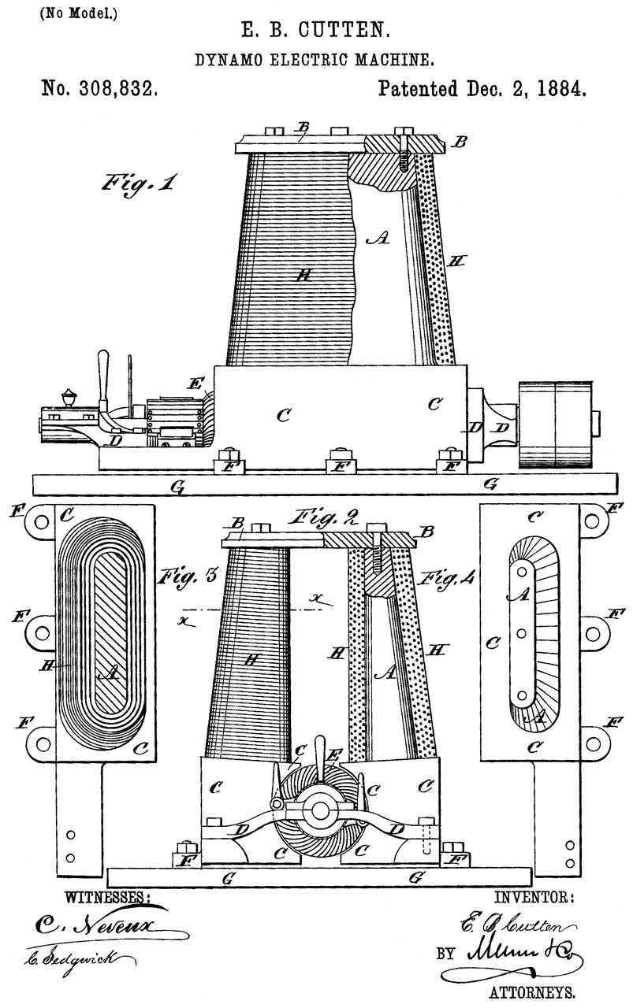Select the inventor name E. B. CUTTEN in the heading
(316, 33)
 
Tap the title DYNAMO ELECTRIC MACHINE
(316, 59)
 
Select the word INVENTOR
(534, 896)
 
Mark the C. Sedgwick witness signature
(79, 959)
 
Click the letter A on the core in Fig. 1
(377, 239)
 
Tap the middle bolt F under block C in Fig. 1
(339, 461)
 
